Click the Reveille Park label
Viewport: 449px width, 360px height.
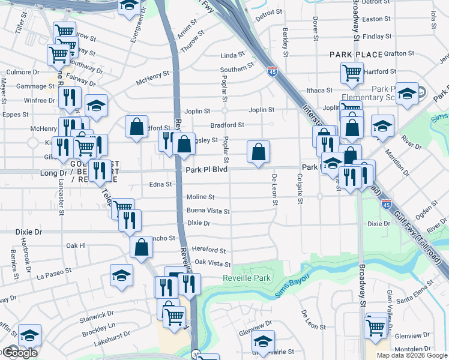247,278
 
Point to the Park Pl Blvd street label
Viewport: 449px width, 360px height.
206,170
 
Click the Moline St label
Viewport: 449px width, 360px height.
200,197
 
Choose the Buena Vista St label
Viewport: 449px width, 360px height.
208,211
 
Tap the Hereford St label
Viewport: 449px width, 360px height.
209,250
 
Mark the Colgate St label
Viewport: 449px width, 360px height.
299,189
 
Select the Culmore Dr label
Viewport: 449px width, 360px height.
23,72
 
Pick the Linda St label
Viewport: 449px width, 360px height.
229,55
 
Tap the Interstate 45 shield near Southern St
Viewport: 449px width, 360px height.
272,71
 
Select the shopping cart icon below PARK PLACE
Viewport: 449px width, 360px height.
352,73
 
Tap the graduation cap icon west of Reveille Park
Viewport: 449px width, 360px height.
121,275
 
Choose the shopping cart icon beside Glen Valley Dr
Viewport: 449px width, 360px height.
375,327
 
